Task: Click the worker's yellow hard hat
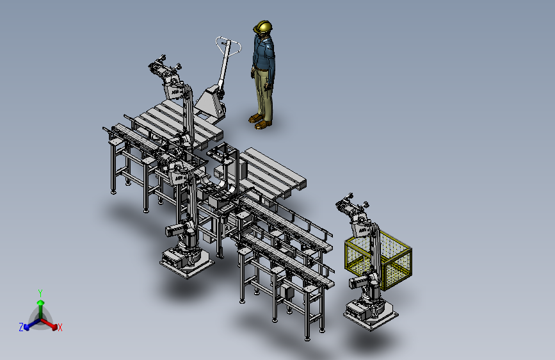[263, 26]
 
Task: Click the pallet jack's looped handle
[229, 45]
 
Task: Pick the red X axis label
[60, 328]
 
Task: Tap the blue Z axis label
[21, 327]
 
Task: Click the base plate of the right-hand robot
[371, 316]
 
